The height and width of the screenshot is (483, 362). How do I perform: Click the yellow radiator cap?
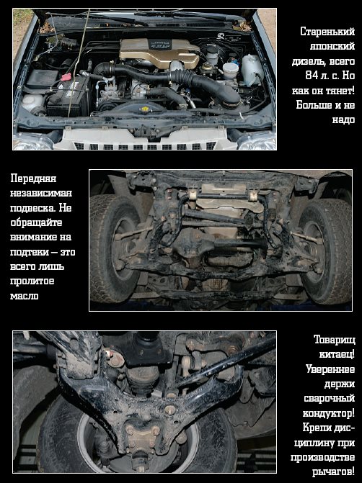tap(144, 109)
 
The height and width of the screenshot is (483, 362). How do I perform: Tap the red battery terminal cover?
tap(66, 77)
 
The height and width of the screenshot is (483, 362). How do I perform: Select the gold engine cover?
tap(159, 53)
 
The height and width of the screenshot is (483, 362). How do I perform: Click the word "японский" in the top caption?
tap(332, 46)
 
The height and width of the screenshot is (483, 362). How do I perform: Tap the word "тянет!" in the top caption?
tap(339, 91)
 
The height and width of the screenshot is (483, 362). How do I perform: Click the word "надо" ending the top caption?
tap(343, 119)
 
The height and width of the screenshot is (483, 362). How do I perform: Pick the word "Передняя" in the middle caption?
tap(33, 179)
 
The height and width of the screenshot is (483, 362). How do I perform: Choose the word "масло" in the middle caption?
tap(25, 296)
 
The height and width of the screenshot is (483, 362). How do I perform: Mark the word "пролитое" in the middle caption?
tap(32, 281)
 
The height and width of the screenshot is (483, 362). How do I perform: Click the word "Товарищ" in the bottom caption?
tap(334, 340)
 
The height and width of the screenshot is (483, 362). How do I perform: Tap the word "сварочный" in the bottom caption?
tap(330, 399)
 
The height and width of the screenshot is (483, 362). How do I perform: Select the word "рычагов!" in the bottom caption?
tap(334, 471)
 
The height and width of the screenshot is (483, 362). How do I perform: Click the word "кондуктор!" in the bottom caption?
tap(329, 413)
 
